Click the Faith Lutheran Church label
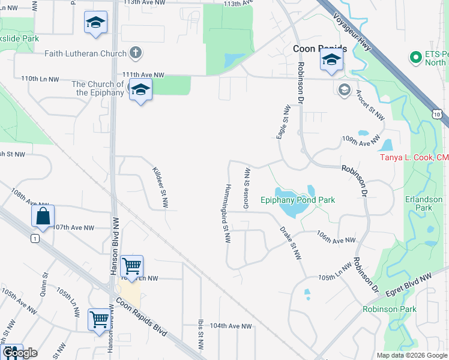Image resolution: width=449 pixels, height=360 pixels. (x=85, y=53)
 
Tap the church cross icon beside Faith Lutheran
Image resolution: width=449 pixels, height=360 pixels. (x=136, y=52)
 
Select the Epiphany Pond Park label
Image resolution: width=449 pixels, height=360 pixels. (x=298, y=200)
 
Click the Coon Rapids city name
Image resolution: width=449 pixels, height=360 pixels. (x=320, y=49)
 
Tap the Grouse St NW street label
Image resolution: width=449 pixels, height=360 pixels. (x=246, y=189)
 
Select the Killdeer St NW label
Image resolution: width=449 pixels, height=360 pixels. (x=160, y=187)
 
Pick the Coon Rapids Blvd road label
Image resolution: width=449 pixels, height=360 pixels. (x=142, y=314)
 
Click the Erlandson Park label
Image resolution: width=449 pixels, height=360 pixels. (x=424, y=203)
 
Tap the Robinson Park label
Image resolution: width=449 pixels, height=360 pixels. (x=389, y=310)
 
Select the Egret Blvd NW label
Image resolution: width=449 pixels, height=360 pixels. (x=409, y=284)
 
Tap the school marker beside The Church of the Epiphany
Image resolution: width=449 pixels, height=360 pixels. (x=140, y=90)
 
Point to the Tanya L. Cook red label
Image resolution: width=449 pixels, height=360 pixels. (x=415, y=158)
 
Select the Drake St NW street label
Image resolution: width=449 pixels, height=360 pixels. (x=290, y=242)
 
